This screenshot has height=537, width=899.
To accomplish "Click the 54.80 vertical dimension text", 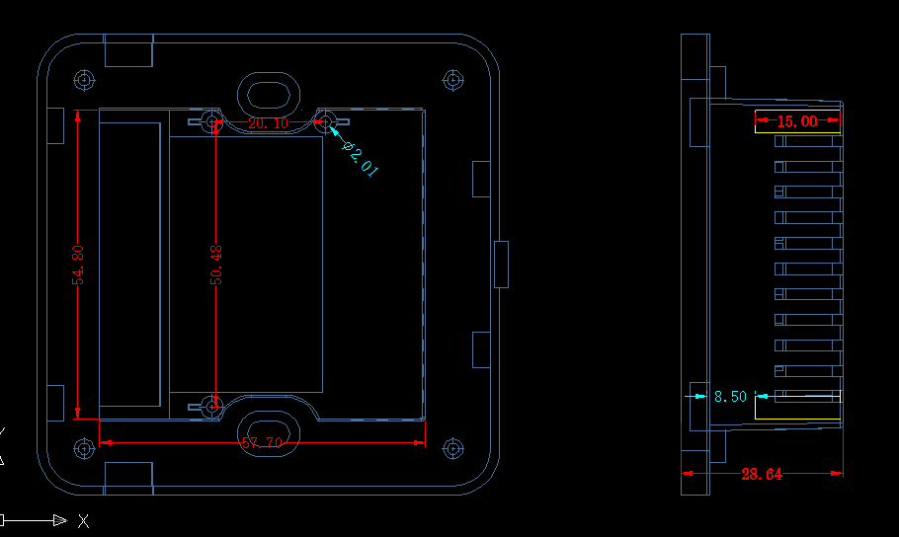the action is (78, 265).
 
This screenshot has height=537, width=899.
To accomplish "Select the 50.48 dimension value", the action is (216, 265).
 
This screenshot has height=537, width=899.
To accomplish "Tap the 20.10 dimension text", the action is (269, 123).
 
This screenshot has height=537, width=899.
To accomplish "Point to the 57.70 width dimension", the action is (262, 443).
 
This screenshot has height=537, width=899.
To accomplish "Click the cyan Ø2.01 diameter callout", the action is (360, 158).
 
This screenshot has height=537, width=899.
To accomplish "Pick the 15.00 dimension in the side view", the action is (797, 121).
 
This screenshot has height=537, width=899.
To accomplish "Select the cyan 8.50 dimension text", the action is (730, 397).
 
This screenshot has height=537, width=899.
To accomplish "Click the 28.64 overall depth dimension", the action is (762, 475).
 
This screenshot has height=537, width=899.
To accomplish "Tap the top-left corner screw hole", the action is (84, 80).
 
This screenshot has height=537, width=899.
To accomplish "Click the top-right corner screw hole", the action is (452, 80).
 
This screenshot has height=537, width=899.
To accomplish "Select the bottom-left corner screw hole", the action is (84, 448).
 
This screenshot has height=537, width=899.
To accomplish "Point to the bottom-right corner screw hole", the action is (452, 448).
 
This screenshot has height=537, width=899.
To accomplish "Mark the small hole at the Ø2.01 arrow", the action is (324, 121).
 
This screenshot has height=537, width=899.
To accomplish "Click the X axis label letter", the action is (84, 521).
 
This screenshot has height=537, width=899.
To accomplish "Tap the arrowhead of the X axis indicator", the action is (67, 520).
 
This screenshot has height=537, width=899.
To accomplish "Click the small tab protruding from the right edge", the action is (501, 265).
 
